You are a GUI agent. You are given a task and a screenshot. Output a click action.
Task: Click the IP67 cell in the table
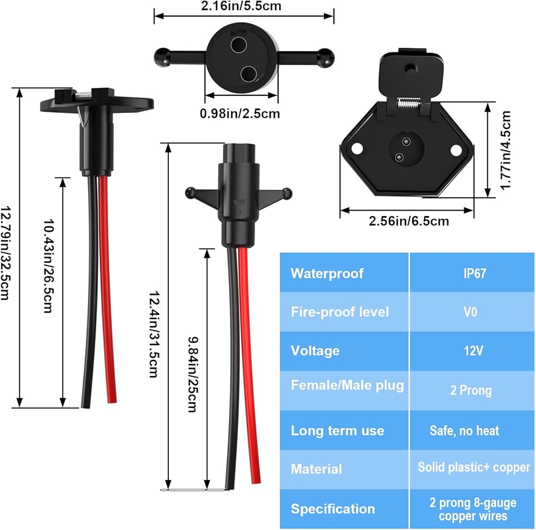click(x=470, y=274)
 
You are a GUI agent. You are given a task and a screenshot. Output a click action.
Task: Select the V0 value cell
click(x=470, y=312)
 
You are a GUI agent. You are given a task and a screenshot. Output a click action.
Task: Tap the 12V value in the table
click(x=470, y=351)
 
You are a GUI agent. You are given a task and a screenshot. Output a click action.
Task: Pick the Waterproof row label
click(x=327, y=274)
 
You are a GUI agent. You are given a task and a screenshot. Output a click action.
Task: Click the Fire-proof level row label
click(x=339, y=312)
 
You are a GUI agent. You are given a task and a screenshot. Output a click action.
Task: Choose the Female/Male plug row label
click(x=347, y=385)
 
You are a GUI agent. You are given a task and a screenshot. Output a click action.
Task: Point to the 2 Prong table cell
click(x=470, y=390)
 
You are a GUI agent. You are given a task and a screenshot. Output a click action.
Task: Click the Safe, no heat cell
click(x=464, y=430)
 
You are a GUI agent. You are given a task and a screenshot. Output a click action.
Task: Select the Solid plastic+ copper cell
click(x=474, y=467)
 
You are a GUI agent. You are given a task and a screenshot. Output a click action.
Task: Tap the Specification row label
click(x=332, y=509)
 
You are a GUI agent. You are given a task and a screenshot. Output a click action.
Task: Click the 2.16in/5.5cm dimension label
click(x=244, y=6)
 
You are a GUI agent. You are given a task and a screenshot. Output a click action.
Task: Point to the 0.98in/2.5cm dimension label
click(x=240, y=114)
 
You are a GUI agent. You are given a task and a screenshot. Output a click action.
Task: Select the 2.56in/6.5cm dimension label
click(x=408, y=221)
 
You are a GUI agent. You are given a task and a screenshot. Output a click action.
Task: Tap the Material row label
click(x=316, y=469)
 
